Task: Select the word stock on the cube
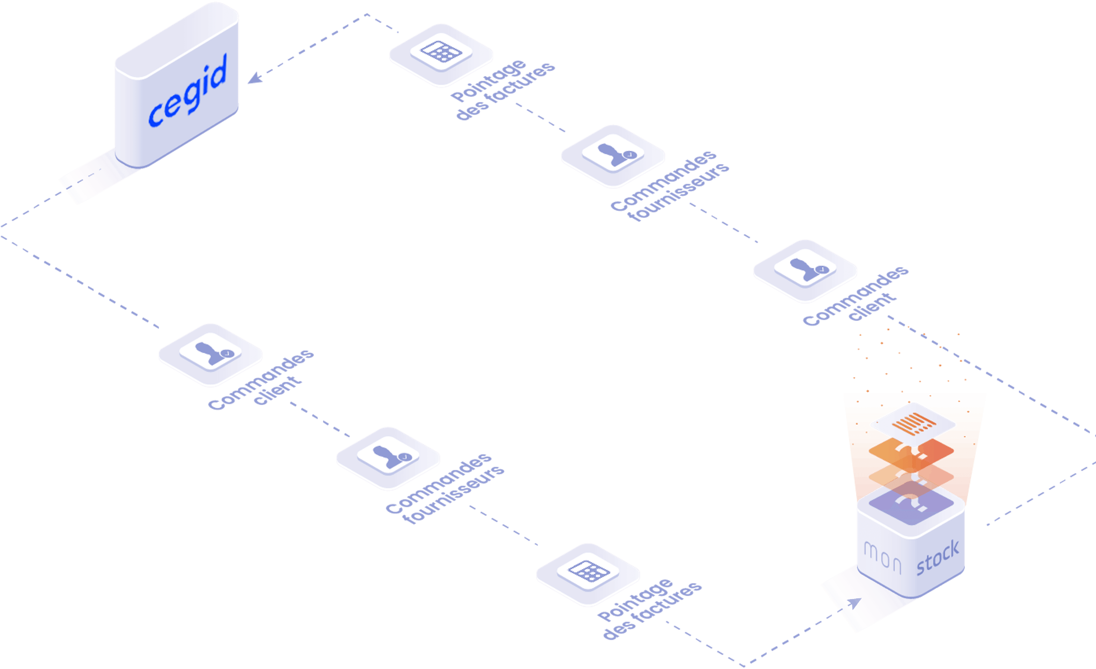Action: [938, 557]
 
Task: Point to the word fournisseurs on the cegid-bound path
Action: [678, 192]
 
